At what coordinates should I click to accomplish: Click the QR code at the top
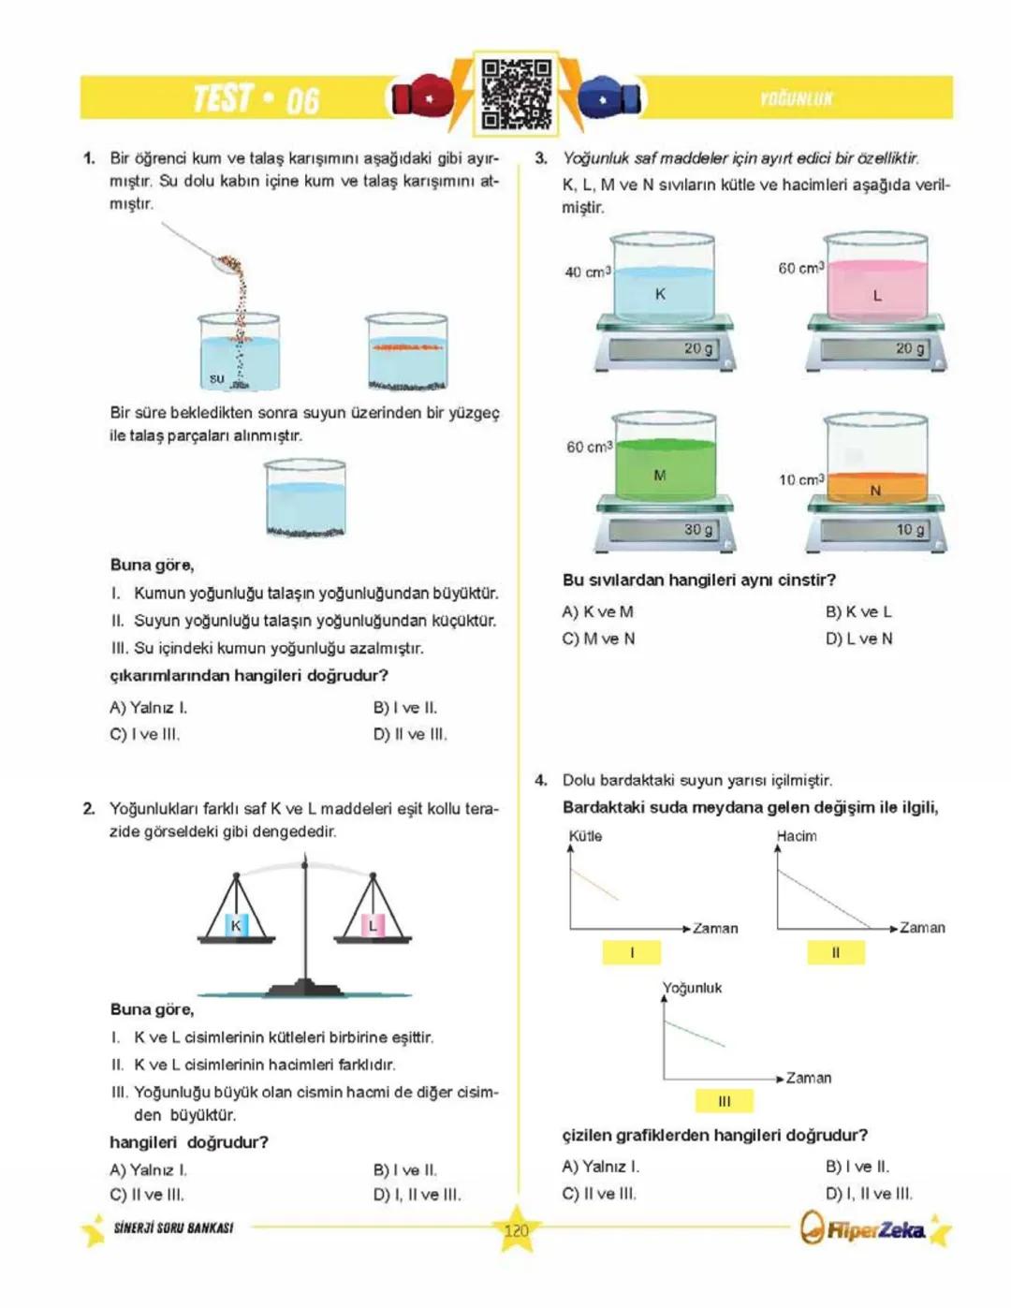point(516,95)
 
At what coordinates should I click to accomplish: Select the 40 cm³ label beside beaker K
point(587,272)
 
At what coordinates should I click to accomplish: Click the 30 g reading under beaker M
point(697,530)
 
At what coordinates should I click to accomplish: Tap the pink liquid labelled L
point(876,290)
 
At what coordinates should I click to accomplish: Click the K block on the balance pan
point(236,925)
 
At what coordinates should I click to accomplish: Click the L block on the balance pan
point(373,925)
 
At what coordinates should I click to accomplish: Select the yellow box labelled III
point(725,1101)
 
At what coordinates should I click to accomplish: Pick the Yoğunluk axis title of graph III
point(693,988)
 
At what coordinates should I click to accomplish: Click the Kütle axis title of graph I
point(585,836)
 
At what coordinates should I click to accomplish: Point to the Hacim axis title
point(797,836)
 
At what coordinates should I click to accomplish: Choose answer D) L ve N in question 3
point(858,639)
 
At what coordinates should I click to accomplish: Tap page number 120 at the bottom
point(516,1230)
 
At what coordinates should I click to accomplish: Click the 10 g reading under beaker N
point(910,530)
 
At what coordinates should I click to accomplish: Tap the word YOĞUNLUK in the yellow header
point(796,99)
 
